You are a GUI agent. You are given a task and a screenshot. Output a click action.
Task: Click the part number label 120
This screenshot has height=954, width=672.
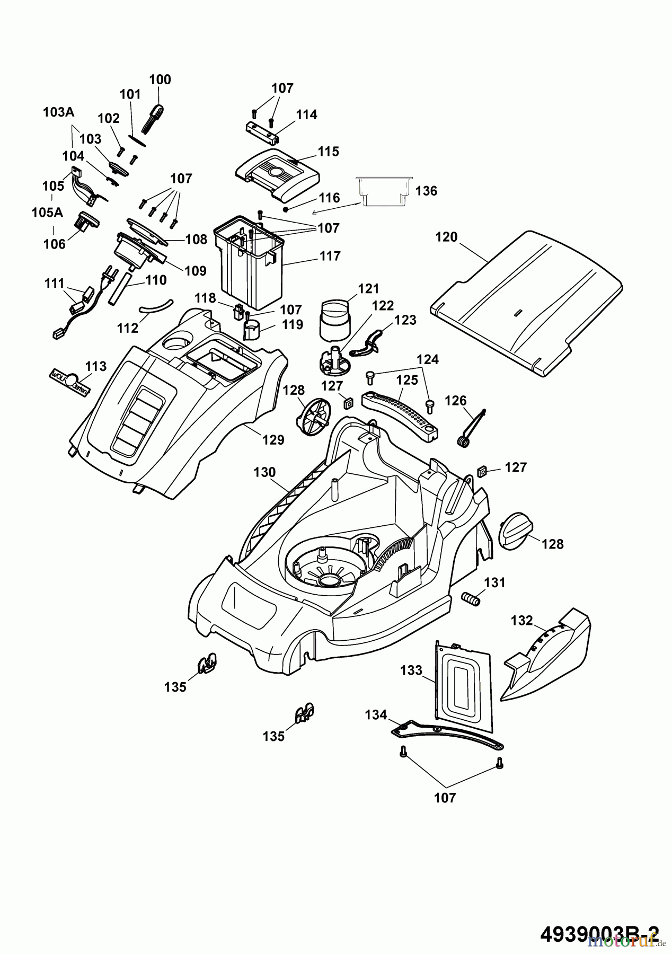pyautogui.click(x=446, y=237)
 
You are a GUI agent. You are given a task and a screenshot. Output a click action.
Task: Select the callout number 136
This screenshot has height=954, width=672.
pyautogui.click(x=426, y=191)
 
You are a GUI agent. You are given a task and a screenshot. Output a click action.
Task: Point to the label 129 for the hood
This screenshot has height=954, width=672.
pyautogui.click(x=273, y=439)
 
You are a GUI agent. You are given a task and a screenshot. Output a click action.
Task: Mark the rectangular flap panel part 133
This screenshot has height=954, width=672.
pyautogui.click(x=463, y=684)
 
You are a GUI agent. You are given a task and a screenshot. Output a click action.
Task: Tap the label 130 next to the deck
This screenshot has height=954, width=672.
pyautogui.click(x=264, y=472)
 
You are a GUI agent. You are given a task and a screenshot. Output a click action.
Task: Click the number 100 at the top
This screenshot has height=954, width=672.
pyautogui.click(x=160, y=79)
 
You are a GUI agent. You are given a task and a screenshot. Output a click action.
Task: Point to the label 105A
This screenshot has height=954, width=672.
pyautogui.click(x=47, y=213)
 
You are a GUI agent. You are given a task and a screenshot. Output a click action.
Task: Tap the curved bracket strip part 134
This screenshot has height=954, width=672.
pyautogui.click(x=448, y=735)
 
